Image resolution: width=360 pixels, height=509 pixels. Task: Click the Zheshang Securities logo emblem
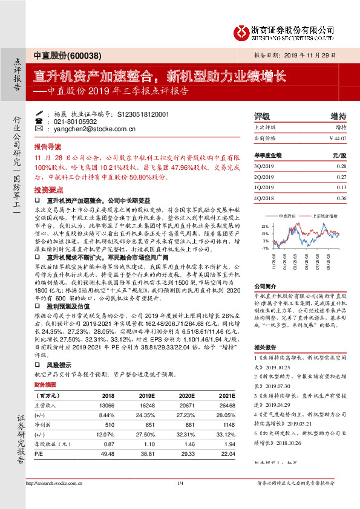242,31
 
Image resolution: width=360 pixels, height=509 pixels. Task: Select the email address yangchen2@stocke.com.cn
86,129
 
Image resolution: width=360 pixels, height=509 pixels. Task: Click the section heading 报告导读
47,147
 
